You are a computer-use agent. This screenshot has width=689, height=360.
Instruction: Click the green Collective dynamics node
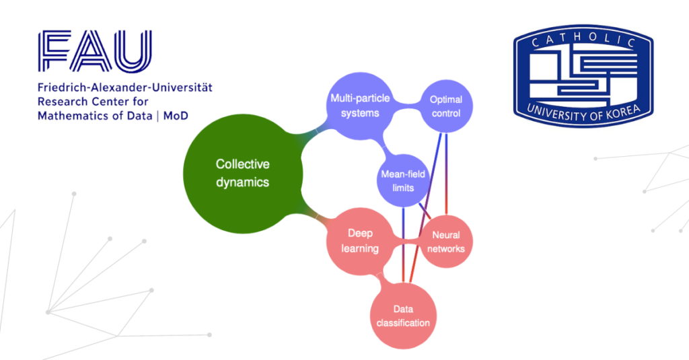tap(242, 174)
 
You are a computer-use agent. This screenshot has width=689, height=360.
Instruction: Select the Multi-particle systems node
tap(360, 106)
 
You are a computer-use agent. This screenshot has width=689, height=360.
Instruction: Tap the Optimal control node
tap(446, 106)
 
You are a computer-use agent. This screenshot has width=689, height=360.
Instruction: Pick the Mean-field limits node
tap(403, 180)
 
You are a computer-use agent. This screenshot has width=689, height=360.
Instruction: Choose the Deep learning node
tap(360, 242)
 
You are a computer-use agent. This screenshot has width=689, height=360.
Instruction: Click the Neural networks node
tap(446, 242)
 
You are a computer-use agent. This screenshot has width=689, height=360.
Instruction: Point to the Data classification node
tap(403, 316)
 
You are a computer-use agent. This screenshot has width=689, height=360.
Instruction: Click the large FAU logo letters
tap(95, 51)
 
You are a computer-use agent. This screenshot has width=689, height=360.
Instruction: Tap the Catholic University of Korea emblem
tap(583, 76)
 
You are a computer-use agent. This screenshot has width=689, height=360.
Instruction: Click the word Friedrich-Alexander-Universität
tap(124, 87)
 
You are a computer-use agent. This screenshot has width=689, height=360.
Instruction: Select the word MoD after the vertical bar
tap(176, 116)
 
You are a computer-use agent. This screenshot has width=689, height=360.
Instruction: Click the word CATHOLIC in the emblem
tap(583, 39)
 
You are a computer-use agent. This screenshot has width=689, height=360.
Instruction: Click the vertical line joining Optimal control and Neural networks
tap(447, 174)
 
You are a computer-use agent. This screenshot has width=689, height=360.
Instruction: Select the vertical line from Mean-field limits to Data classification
tap(404, 245)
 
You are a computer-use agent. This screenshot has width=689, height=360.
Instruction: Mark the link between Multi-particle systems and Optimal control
tap(407, 106)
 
